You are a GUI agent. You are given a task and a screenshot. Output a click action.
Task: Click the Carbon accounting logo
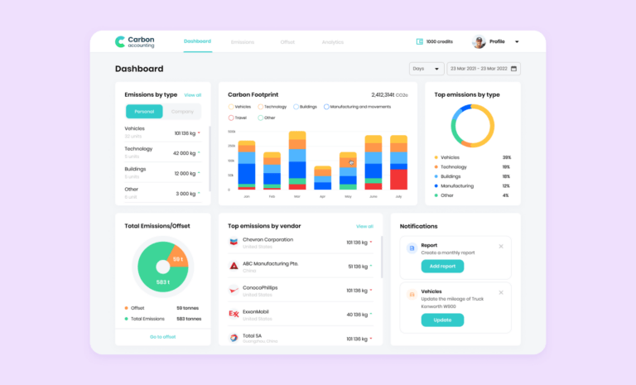[134, 41]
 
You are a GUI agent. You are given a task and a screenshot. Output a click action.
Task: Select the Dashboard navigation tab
[197, 41]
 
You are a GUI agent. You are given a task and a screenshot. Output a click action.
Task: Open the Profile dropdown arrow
[517, 41]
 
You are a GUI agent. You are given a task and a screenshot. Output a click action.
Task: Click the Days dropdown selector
[426, 69]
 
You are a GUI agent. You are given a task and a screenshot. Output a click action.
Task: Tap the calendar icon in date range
[514, 69]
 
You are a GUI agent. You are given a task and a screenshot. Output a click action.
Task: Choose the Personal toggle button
[144, 112]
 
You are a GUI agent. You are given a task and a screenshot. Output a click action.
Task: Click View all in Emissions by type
[192, 95]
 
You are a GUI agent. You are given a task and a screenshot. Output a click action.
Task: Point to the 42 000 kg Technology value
[184, 153]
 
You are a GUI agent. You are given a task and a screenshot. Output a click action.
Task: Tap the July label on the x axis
[398, 197]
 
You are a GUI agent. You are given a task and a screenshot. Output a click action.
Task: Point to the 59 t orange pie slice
[177, 259]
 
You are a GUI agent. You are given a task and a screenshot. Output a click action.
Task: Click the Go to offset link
[162, 336]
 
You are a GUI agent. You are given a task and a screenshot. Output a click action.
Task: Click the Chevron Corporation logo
[234, 242]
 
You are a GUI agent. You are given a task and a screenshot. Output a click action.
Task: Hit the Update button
[442, 320]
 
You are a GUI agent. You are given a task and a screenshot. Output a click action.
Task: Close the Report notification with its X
[500, 246]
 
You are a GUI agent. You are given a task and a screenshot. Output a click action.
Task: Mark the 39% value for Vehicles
[506, 157]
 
